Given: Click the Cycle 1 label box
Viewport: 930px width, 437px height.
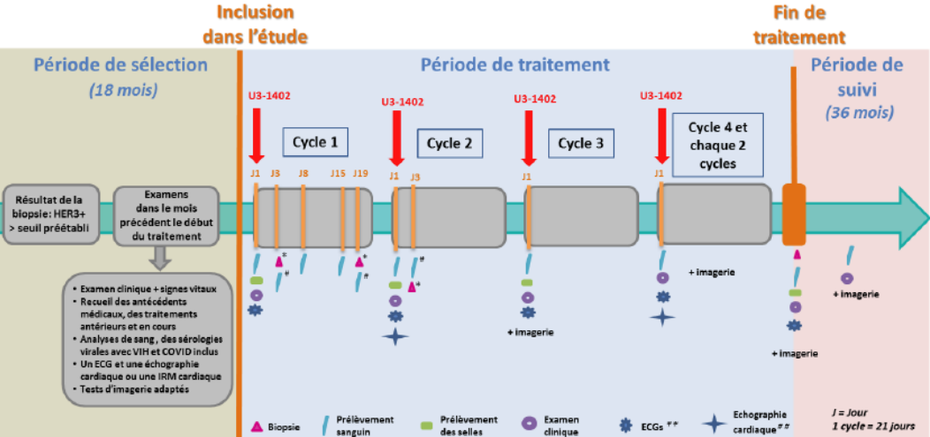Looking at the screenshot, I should (x=315, y=142).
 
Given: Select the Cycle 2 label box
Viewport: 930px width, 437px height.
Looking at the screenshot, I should (x=449, y=143).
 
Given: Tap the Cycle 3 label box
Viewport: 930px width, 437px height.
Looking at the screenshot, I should (x=581, y=143).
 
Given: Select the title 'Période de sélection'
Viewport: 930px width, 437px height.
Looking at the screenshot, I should (x=120, y=65).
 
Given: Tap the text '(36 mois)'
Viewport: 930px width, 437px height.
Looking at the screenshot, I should (x=858, y=112).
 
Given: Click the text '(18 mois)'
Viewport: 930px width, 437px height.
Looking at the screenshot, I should (x=120, y=89).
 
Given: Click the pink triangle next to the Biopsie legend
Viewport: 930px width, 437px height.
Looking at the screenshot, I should (x=257, y=426).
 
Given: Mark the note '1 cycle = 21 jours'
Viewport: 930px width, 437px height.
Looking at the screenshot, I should (x=861, y=426).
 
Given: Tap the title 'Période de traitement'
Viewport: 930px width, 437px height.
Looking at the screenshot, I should (x=515, y=64).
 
